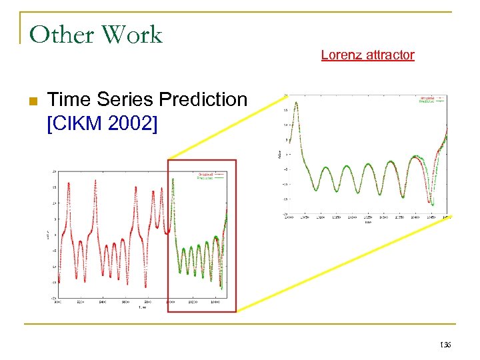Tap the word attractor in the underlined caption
click(x=390, y=55)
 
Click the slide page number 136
click(x=445, y=345)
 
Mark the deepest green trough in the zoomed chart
click(x=433, y=204)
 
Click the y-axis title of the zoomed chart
click(x=279, y=155)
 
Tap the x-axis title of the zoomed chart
click(x=368, y=221)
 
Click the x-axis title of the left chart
click(x=141, y=307)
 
